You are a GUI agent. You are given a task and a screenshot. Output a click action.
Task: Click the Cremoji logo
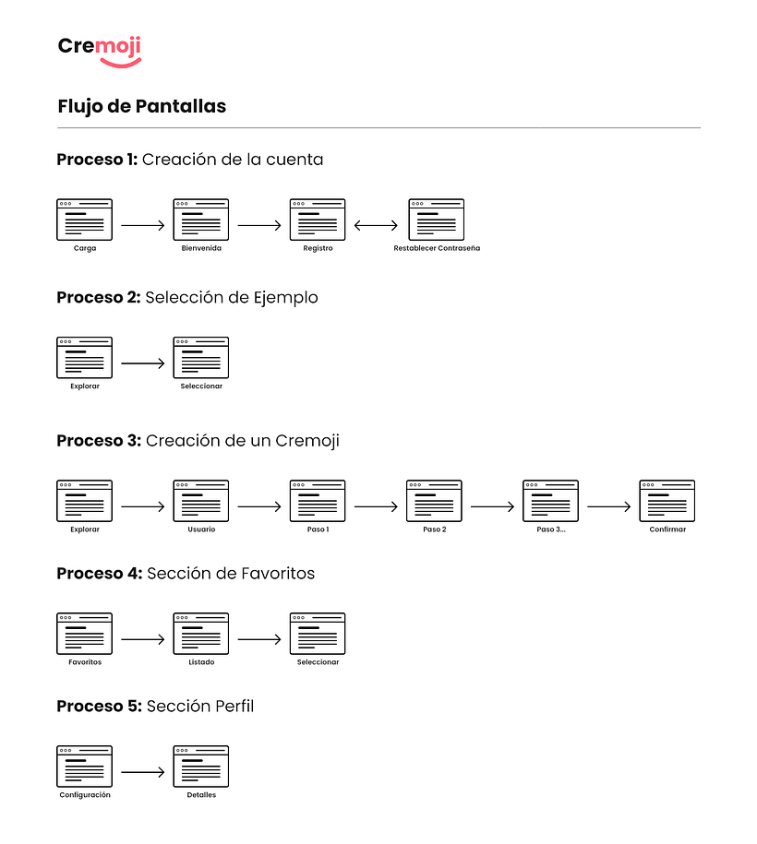pos(100,52)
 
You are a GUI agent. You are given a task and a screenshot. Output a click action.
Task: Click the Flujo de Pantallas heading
pos(141,107)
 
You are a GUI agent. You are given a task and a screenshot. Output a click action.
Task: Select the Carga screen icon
pos(85,220)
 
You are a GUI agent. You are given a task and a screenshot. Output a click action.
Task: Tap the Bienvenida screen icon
pos(201,220)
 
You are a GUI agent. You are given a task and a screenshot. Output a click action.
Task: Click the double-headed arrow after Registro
pos(376,226)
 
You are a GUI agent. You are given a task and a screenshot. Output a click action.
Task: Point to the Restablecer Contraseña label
pos(437,248)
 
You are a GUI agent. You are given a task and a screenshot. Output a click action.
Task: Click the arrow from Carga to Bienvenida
pos(143,226)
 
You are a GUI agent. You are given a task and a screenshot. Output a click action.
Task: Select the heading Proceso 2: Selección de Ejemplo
pos(187,298)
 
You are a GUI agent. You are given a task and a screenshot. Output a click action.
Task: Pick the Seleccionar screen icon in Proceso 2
pos(201,357)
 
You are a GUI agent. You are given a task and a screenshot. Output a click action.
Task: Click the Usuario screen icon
pos(201,501)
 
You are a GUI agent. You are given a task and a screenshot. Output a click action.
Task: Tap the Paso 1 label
pos(318,529)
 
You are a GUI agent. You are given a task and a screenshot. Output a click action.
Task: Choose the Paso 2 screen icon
pos(434,501)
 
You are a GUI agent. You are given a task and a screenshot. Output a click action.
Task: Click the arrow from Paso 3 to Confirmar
pos(609,506)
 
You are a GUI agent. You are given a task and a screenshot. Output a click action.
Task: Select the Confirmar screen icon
pos(667,501)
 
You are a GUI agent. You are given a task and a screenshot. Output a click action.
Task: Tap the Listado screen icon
pos(201,634)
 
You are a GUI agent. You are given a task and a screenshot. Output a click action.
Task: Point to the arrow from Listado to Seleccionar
pos(259,639)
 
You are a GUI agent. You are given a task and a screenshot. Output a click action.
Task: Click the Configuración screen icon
pos(85,767)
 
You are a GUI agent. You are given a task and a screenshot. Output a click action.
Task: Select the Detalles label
pos(201,795)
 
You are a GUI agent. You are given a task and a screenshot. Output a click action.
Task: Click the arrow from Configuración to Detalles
pos(143,772)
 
